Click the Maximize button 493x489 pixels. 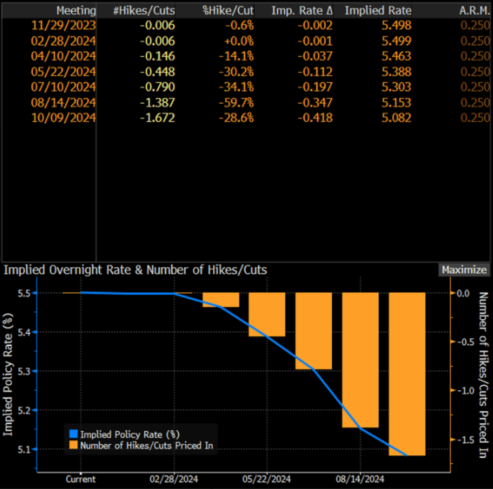464,270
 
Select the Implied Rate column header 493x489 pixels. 378,11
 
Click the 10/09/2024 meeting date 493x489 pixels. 63,117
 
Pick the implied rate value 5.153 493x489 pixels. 396,103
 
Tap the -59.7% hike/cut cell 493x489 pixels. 236,103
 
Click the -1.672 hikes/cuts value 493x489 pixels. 157,117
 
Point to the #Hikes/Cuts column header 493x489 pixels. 144,11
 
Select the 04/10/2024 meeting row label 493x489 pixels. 63,56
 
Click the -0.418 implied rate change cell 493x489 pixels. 315,117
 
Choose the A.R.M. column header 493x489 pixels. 474,11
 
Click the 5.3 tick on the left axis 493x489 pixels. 24,371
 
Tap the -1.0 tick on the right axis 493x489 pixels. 463,391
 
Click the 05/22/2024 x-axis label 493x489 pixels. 266,479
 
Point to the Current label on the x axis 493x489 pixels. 80,479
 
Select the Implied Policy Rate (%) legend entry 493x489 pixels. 129,434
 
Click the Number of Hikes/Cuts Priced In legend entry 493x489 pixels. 146,445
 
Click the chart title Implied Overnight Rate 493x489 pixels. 135,270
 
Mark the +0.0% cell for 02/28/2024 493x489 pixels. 239,41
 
